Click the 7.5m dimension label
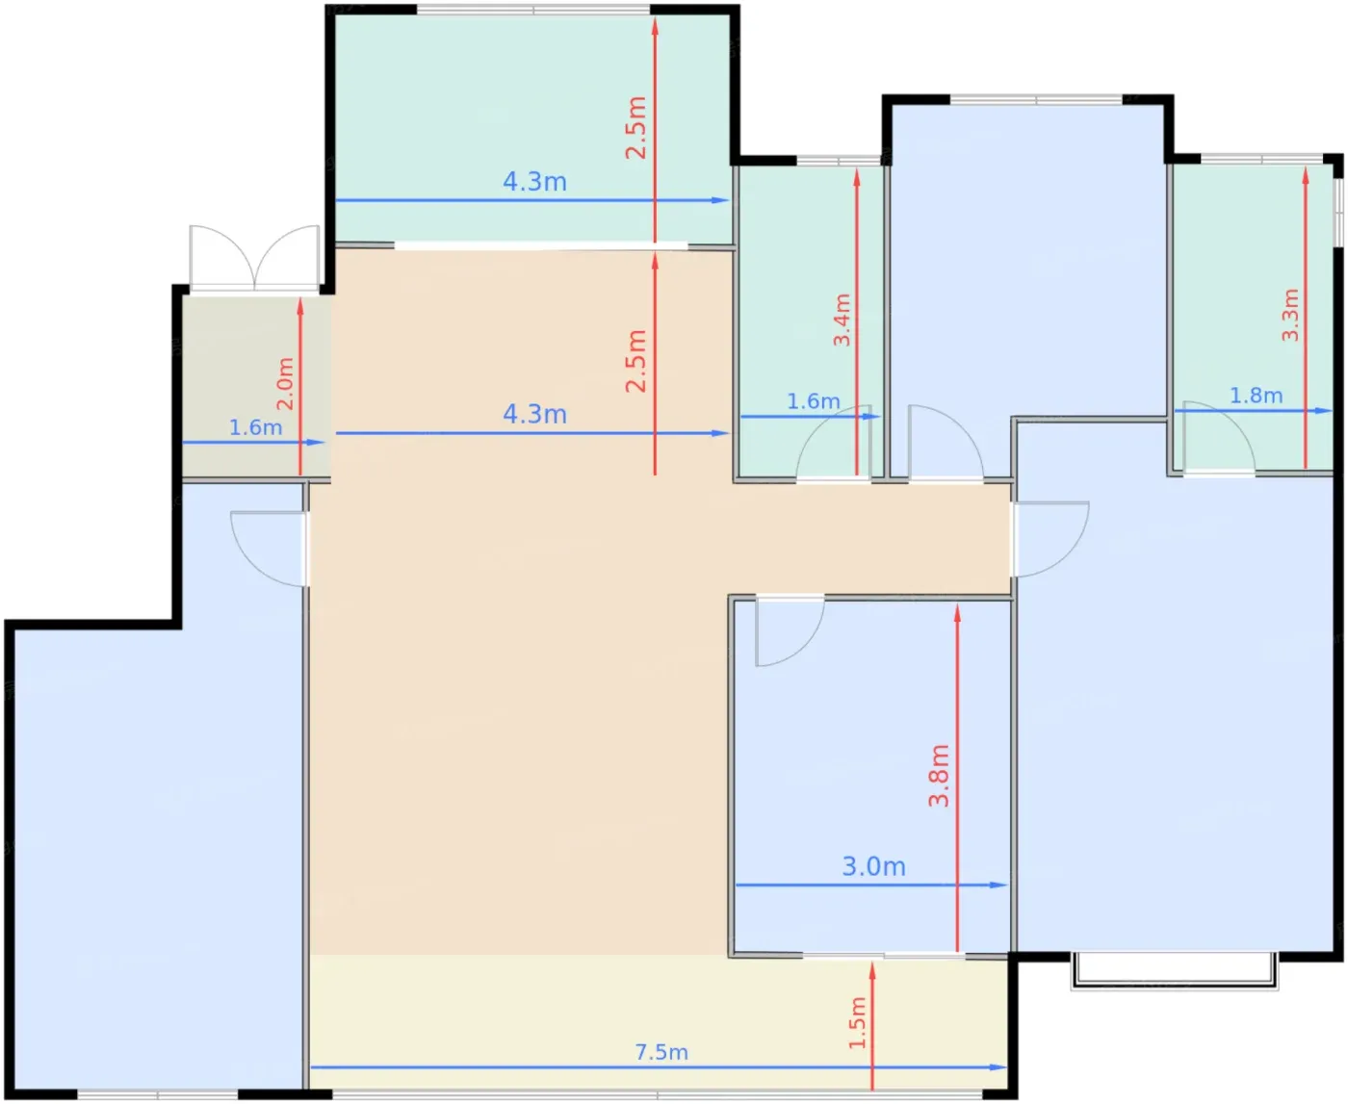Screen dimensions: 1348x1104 (661, 1052)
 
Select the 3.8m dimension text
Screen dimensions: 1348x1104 (939, 776)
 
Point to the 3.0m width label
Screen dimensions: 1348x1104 (873, 866)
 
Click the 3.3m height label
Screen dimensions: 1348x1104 (1290, 315)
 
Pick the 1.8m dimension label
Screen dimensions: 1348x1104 (1256, 396)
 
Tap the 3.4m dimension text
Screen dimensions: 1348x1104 (842, 320)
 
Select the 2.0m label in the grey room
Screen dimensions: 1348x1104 (284, 383)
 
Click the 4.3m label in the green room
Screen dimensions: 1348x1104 (534, 182)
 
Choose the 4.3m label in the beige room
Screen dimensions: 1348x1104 (534, 414)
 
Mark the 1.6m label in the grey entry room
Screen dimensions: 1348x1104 (256, 427)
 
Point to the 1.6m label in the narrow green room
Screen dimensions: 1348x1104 (813, 401)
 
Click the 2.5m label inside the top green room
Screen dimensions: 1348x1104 (636, 127)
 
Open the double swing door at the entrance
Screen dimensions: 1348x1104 (255, 258)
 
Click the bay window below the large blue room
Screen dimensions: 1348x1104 (1175, 971)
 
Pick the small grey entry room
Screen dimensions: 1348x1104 (256, 385)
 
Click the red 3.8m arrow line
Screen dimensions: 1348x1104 (957, 778)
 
